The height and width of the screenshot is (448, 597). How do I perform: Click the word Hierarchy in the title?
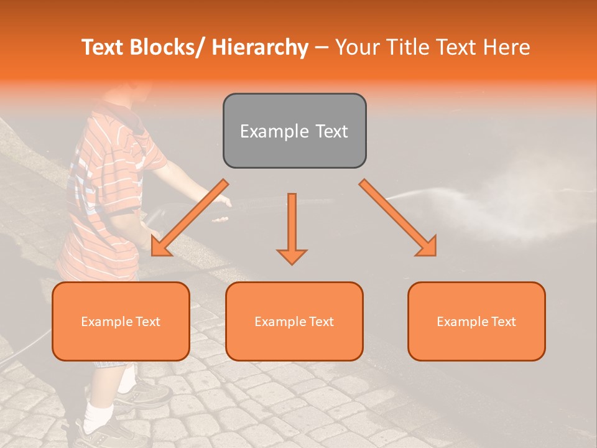pos(260,47)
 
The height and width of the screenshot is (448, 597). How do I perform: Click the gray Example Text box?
pos(294,131)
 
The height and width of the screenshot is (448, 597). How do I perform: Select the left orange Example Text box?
pos(121,321)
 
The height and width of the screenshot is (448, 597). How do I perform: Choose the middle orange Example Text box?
pos(294,321)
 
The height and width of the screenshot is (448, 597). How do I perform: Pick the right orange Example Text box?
pos(476,321)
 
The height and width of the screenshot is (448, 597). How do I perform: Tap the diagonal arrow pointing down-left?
pos(190,218)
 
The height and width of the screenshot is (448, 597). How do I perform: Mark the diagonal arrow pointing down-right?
pos(398,218)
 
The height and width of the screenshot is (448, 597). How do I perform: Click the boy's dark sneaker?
pos(149,392)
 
